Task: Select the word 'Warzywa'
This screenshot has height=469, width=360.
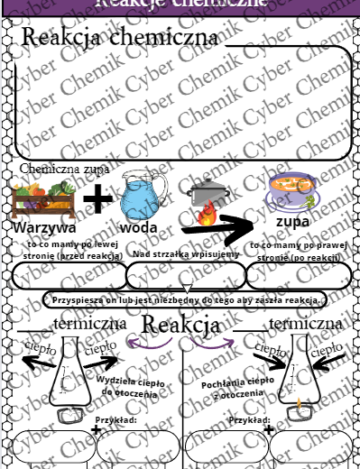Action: tap(44, 227)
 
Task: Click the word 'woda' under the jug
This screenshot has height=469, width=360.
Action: tap(139, 227)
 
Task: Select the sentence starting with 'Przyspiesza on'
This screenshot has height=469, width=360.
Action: tap(182, 299)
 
